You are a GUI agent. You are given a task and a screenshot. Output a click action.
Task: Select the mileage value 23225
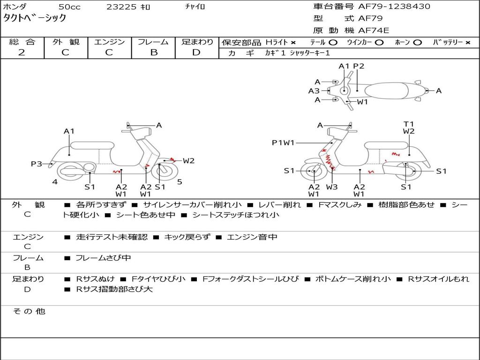click(121, 7)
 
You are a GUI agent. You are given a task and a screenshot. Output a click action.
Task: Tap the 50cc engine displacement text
click(69, 7)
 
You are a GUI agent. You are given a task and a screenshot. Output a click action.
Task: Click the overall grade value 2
click(22, 52)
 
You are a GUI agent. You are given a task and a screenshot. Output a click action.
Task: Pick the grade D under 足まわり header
click(196, 52)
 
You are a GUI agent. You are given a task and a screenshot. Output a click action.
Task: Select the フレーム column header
click(153, 42)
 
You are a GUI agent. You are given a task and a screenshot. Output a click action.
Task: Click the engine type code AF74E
click(374, 31)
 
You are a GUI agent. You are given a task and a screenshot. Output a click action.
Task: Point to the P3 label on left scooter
click(37, 164)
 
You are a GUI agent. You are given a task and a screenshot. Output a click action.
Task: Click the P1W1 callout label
click(283, 143)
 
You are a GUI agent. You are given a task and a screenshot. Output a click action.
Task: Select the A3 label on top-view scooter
click(314, 91)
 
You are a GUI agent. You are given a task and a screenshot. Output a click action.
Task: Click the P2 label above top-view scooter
click(359, 66)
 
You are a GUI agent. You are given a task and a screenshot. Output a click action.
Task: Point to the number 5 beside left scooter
click(180, 181)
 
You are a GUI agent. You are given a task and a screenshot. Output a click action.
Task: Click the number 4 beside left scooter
click(55, 181)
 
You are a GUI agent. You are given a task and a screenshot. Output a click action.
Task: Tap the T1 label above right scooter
click(409, 124)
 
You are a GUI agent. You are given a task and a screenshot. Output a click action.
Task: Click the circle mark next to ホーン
click(417, 42)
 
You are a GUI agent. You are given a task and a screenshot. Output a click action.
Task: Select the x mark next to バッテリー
click(468, 42)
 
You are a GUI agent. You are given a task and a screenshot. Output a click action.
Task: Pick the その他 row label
click(29, 311)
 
